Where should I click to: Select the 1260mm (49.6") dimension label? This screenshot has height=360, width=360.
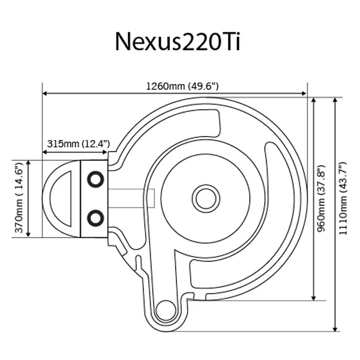pyautogui.click(x=182, y=86)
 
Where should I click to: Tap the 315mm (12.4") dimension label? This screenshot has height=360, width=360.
pyautogui.click(x=78, y=144)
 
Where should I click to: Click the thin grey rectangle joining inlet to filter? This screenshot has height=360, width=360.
pyautogui.click(x=131, y=198)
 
